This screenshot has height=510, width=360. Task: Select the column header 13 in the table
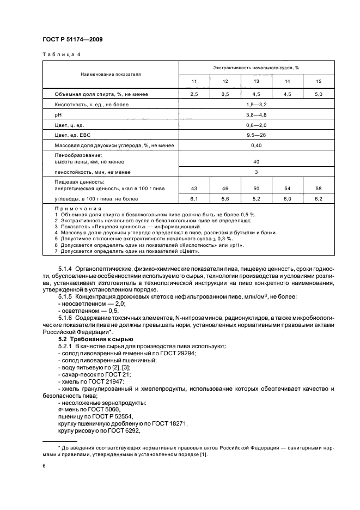click(256, 81)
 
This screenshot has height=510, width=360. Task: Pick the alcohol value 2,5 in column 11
click(193, 94)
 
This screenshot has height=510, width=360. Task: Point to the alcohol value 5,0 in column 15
click(319, 94)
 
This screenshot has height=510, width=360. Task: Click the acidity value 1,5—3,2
click(256, 105)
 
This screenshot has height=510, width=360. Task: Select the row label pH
click(58, 115)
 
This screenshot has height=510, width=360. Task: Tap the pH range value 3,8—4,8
click(256, 115)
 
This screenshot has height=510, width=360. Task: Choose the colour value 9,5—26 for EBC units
click(256, 136)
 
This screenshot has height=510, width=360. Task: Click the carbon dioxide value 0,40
click(256, 146)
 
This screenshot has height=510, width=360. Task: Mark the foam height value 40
click(256, 162)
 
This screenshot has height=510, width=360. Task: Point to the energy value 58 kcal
click(319, 189)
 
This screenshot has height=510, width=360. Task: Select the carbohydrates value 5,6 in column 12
click(225, 198)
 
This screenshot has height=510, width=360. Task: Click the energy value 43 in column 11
click(193, 189)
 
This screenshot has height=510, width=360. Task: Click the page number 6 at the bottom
click(44, 466)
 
